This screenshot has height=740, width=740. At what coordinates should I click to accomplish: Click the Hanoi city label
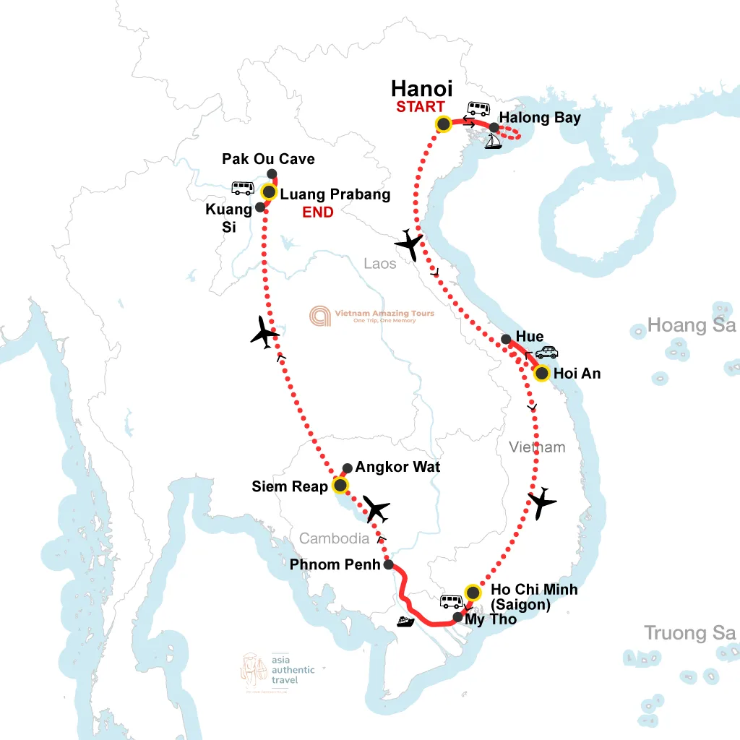pos(422,89)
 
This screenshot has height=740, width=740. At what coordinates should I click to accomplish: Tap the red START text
pos(420,108)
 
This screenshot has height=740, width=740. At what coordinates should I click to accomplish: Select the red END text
pos(318,212)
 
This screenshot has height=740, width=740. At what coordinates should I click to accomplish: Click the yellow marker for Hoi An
pos(541,374)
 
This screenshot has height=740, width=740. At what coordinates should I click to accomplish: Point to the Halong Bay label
pos(540,118)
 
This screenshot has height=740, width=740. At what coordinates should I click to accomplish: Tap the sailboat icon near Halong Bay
pos(494,142)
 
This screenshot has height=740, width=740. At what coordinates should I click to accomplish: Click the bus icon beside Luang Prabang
pos(242,189)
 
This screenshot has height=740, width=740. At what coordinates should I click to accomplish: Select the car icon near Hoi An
pos(546,353)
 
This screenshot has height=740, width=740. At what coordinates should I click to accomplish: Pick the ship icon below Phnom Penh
pos(405,621)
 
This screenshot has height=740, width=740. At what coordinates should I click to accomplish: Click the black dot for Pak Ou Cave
pos(272,173)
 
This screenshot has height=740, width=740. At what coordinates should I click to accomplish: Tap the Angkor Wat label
pos(397,468)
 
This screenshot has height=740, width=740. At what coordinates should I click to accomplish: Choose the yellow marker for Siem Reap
pos(340,485)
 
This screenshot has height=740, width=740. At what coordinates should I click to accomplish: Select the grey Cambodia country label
pos(334,538)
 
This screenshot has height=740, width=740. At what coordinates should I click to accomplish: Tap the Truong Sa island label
pos(689,634)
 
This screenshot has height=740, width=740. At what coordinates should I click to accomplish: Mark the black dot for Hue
pos(506,338)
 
